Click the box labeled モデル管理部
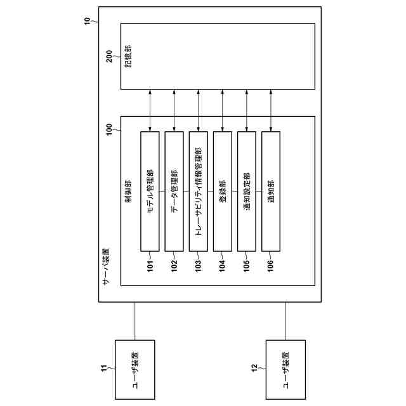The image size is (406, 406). (150, 191)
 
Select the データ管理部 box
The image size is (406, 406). (174, 191)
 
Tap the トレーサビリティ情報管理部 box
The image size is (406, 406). (198, 191)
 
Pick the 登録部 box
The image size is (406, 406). (222, 191)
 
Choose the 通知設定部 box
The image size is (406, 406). (246, 191)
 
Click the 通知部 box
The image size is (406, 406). (270, 191)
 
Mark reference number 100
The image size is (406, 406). (109, 130)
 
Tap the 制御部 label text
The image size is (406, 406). (129, 190)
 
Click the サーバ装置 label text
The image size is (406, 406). (106, 266)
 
